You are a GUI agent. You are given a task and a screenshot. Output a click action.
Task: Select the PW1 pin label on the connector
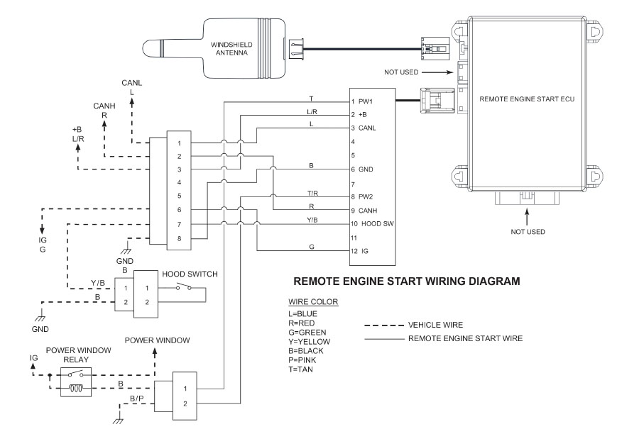tap(366, 102)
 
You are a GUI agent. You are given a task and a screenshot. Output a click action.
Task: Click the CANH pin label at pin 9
tap(368, 211)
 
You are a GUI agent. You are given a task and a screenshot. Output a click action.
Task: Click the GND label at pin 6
tap(366, 170)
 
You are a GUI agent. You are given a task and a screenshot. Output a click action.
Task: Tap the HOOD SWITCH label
tap(190, 274)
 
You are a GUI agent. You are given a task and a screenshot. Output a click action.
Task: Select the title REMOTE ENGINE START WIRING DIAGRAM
tap(407, 282)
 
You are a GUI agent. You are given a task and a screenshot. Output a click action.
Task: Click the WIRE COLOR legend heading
tap(313, 302)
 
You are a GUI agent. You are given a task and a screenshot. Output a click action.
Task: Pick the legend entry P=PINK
tap(305, 360)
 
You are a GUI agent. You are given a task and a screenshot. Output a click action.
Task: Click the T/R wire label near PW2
tap(313, 193)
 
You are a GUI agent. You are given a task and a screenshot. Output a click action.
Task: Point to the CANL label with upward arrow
tap(131, 83)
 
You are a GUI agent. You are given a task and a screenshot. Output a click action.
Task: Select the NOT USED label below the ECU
tap(528, 231)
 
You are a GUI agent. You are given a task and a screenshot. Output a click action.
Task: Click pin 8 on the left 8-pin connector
tap(180, 239)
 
